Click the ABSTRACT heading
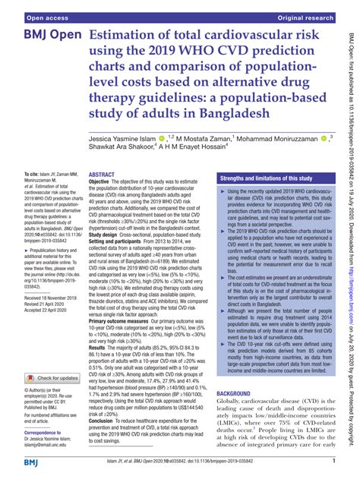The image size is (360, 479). pyautogui.click(x=103, y=196)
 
